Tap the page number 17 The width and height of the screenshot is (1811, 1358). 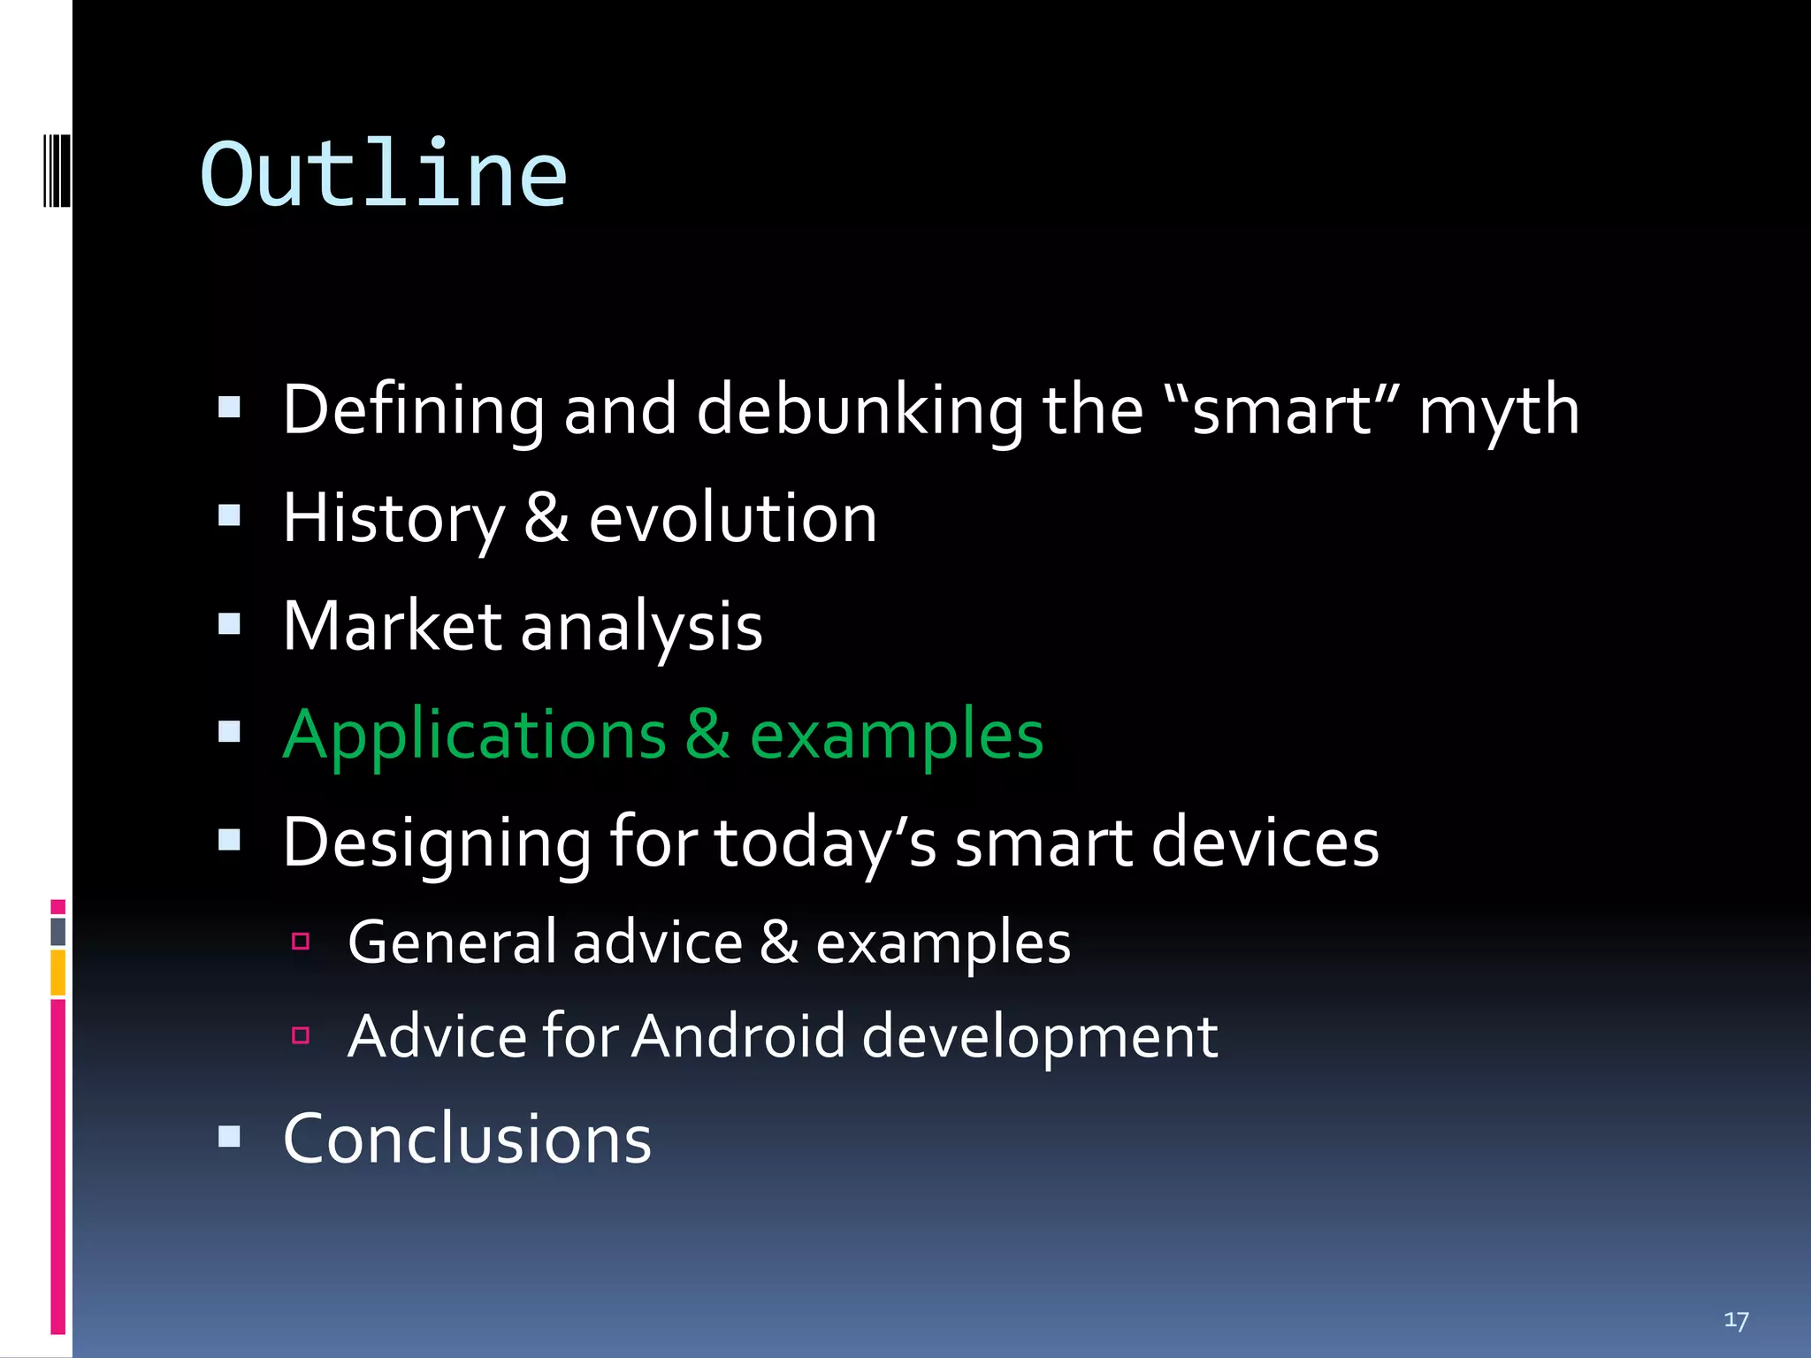[x=1736, y=1321]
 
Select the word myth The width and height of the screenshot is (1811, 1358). [x=1499, y=411]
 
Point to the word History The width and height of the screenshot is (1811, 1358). [x=394, y=519]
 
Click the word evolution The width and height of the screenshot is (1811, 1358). [x=733, y=519]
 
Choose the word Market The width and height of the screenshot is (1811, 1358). [x=393, y=627]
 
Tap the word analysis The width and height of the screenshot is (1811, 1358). [x=641, y=627]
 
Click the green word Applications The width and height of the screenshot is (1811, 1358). [x=475, y=736]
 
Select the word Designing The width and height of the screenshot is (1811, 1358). [x=437, y=843]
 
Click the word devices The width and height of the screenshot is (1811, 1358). [x=1265, y=843]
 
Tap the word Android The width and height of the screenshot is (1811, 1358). [x=738, y=1036]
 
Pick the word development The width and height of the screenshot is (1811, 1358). [x=1040, y=1036]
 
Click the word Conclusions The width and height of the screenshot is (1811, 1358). [x=467, y=1139]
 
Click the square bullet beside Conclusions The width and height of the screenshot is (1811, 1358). [x=229, y=1136]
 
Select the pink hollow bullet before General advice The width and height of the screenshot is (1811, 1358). [x=301, y=942]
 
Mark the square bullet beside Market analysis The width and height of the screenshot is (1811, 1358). [x=229, y=624]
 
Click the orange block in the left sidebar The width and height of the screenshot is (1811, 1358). [x=58, y=972]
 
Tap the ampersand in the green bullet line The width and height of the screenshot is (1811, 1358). [x=707, y=734]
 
